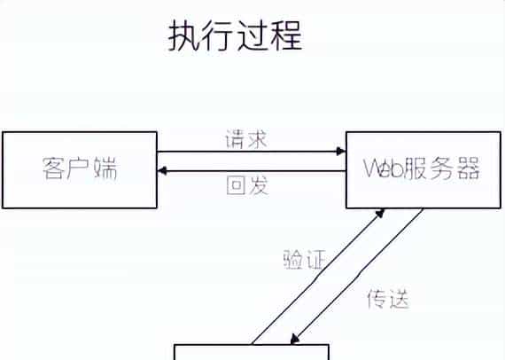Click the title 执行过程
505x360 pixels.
235,36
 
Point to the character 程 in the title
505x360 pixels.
286,36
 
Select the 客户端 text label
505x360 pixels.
80,168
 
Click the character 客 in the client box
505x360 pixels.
55,168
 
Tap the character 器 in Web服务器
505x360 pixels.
466,169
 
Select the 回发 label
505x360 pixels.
247,185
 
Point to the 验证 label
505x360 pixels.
302,260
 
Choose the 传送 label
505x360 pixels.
387,299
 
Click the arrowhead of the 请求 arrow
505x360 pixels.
341,152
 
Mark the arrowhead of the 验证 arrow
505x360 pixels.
381,213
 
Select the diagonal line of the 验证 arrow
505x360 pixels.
319,278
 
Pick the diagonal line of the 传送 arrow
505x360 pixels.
359,277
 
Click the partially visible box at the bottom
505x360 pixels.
252,353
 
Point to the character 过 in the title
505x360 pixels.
252,36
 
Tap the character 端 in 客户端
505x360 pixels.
105,168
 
